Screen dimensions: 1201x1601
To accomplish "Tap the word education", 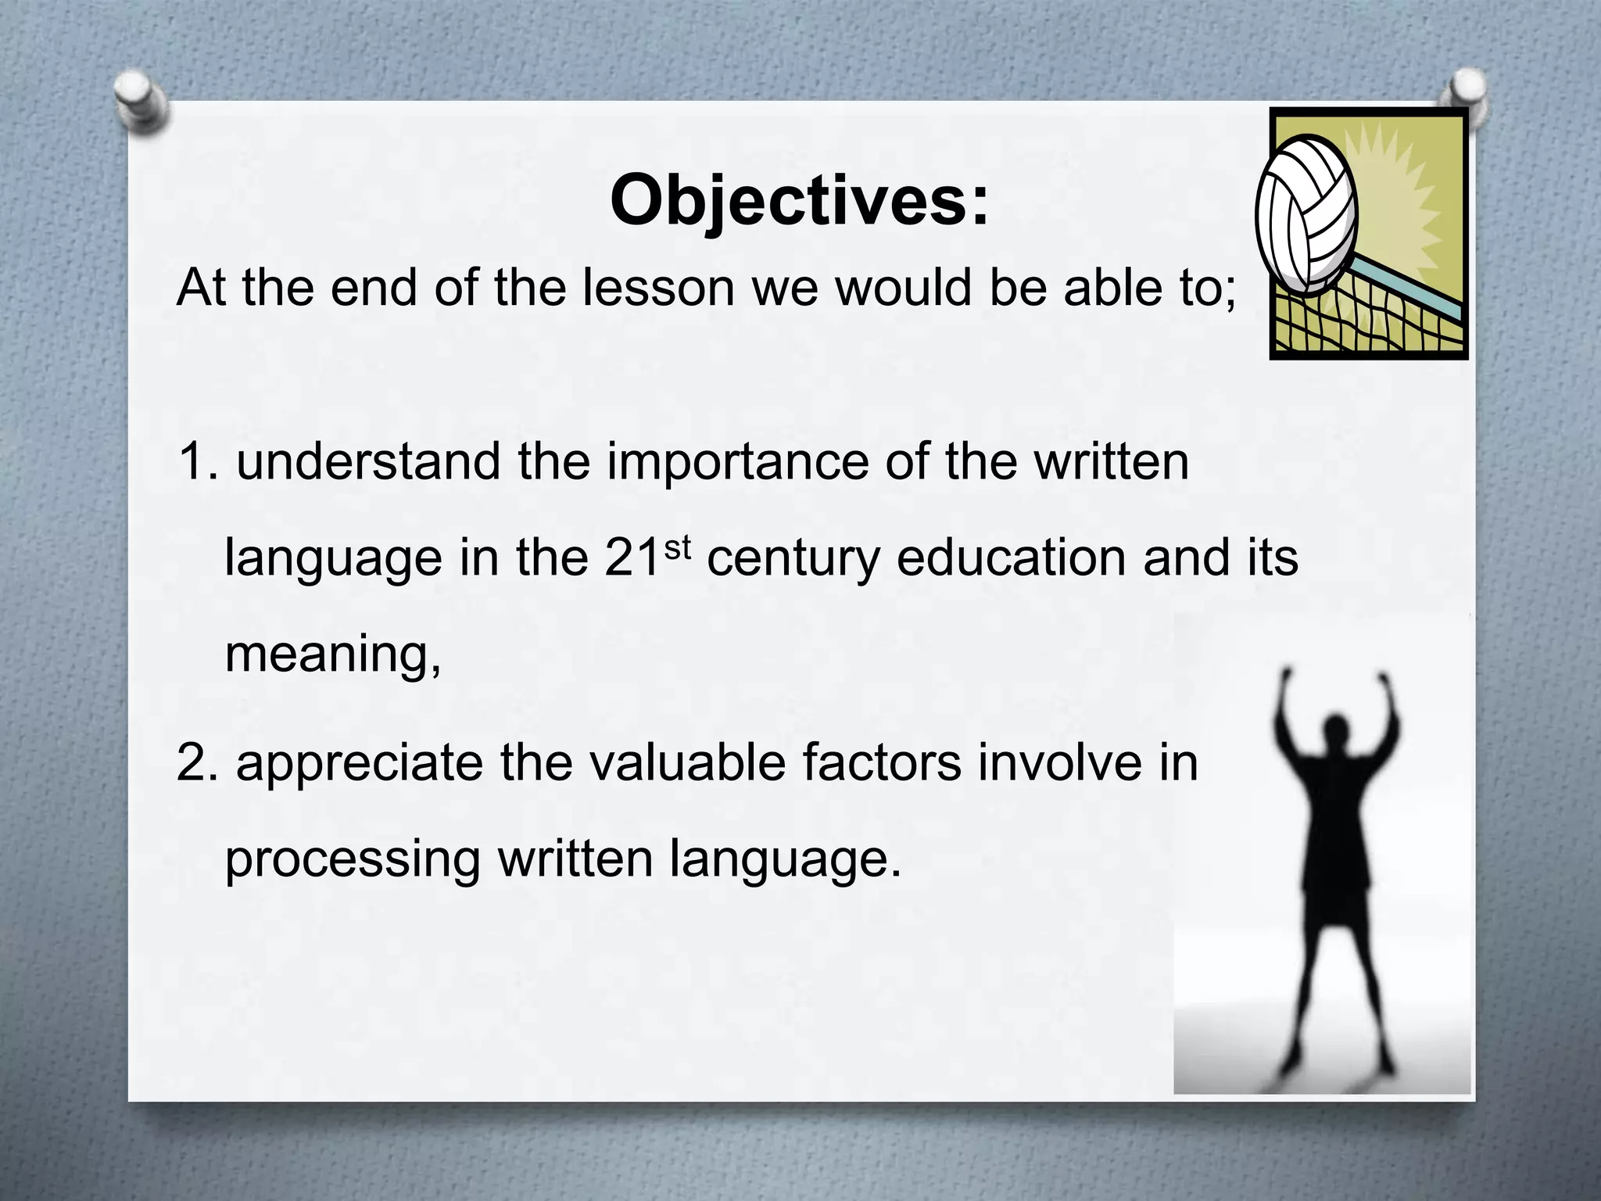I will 1012,558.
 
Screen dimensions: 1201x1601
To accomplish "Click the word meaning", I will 332,655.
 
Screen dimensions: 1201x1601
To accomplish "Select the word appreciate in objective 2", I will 360,765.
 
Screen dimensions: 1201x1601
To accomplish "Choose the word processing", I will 352,860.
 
